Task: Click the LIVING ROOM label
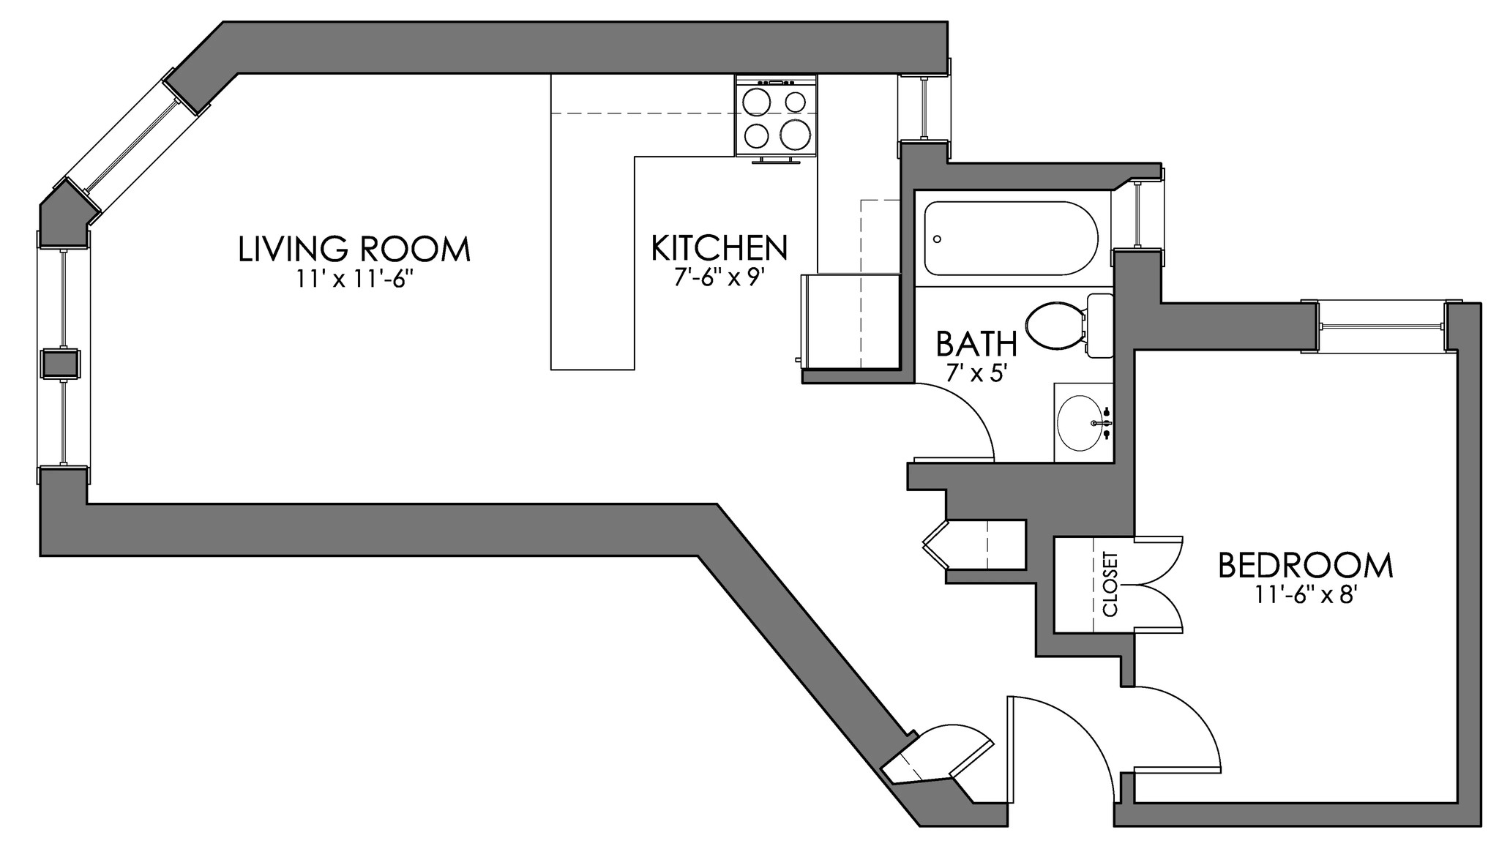pos(354,250)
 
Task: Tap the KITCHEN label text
pos(719,249)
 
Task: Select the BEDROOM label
pos(1305,566)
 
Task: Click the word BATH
pos(976,343)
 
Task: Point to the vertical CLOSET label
pos(1110,583)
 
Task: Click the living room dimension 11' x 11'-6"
pos(354,281)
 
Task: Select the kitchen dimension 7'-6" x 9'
pos(719,280)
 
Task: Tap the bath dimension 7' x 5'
pos(977,373)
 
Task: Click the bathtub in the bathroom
pos(1011,239)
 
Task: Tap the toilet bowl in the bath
pos(1054,326)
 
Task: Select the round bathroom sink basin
pos(1080,424)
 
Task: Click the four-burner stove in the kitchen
pos(776,117)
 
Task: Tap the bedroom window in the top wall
pos(1381,326)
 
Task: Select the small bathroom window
pos(1138,214)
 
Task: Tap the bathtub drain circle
pos(938,239)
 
